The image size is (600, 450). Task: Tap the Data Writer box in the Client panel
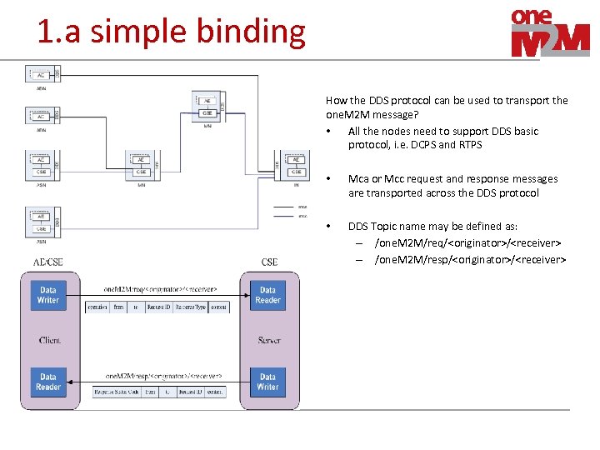48,295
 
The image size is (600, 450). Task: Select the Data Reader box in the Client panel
48,382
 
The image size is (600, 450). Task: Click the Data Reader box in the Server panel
267,295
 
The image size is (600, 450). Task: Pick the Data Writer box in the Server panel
267,382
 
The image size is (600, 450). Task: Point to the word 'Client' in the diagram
49,340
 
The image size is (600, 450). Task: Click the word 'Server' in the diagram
268,340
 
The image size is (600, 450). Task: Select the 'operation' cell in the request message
97,307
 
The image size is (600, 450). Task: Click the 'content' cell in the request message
218,307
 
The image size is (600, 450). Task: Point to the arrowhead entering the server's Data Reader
247,296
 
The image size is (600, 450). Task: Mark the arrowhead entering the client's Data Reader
70,382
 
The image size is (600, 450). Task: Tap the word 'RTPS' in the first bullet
471,145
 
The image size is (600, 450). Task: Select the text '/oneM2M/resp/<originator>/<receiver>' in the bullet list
470,259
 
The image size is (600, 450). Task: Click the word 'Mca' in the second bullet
359,179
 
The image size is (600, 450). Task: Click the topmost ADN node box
41,74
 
